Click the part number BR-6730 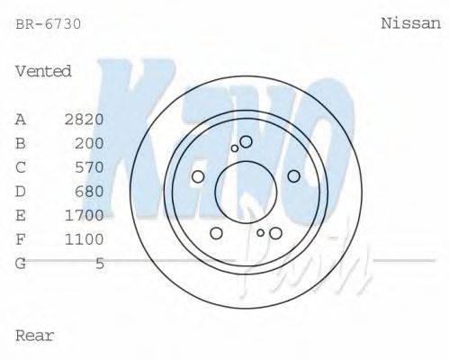coord(49,24)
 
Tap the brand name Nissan coord(409,24)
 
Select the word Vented coord(43,71)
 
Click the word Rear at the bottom coord(35,336)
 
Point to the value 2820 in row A coord(85,119)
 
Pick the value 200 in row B coord(89,143)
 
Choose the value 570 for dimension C coord(89,167)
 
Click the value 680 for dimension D coord(89,191)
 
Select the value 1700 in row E coord(85,215)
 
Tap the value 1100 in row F coord(85,239)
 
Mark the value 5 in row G coord(100,263)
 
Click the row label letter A coord(21,119)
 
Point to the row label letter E coord(21,215)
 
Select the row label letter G coord(21,263)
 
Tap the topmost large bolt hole coord(246,141)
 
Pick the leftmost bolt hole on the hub coord(198,176)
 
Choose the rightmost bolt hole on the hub coord(292,176)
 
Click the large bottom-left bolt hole coord(216,233)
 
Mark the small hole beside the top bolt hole coord(235,148)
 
